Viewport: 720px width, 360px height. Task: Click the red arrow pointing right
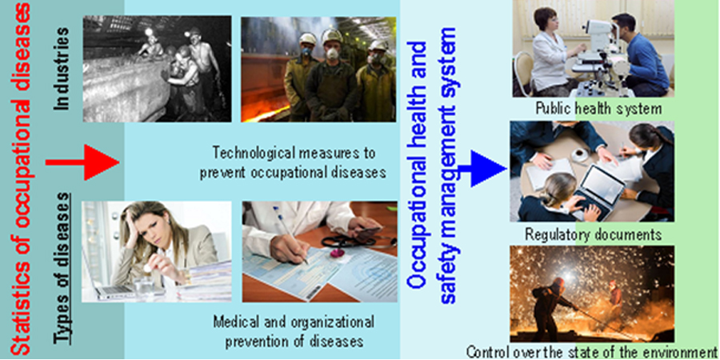pos(82,162)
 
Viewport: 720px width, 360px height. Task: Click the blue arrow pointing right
pos(482,169)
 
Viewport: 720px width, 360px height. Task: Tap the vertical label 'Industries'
pos(62,69)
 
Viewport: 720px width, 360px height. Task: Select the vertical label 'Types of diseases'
pos(62,269)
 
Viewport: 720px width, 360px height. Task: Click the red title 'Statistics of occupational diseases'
pos(20,179)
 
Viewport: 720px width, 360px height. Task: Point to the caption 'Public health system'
pos(598,110)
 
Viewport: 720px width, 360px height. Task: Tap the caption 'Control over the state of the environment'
pos(591,353)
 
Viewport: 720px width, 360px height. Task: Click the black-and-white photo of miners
pos(157,69)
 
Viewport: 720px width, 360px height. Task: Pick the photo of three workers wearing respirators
pos(318,70)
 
